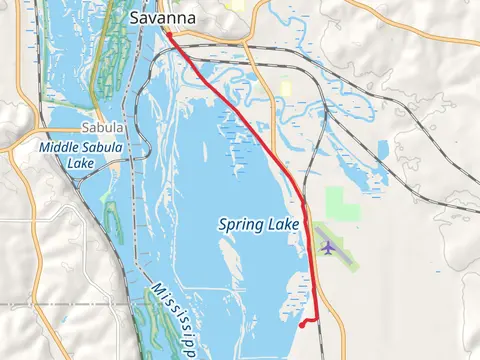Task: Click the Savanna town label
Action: pos(163,17)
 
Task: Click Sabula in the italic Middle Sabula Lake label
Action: pos(105,147)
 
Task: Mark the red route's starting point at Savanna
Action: pos(169,35)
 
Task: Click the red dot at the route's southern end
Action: pos(303,324)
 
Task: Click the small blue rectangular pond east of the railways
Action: pos(383,150)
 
